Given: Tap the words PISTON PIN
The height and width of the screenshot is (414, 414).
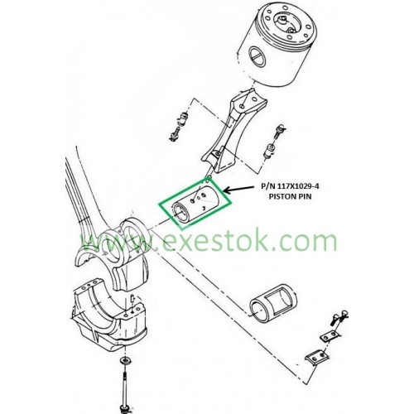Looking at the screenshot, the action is tap(290, 196).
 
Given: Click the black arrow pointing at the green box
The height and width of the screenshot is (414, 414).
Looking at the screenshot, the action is tap(238, 189).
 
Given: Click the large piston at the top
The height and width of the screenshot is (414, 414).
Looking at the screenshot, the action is tap(277, 44).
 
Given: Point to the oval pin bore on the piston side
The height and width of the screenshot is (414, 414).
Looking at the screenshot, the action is tap(257, 57).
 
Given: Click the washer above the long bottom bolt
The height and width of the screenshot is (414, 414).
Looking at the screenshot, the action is tap(126, 360).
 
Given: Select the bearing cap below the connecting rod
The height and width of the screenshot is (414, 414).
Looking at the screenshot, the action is tap(109, 315).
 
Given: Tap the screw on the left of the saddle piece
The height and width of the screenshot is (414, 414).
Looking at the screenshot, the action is tap(180, 126).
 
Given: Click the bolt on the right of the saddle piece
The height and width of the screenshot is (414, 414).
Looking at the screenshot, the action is tap(274, 142).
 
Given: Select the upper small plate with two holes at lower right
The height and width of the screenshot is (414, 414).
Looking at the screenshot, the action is tap(329, 336).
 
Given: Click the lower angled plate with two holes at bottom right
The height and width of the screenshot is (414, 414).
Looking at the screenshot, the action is tap(316, 358).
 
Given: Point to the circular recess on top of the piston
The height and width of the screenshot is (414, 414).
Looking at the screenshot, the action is tap(287, 22).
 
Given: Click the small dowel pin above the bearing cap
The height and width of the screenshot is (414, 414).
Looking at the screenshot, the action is tap(132, 299).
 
